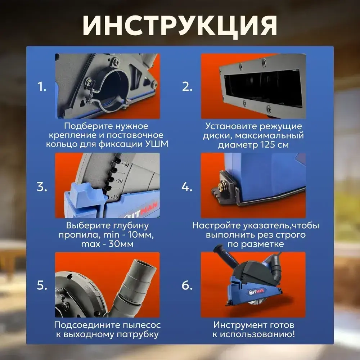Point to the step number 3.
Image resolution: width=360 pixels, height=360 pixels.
tap(42, 186)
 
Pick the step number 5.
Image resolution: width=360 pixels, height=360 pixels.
tap(42, 285)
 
